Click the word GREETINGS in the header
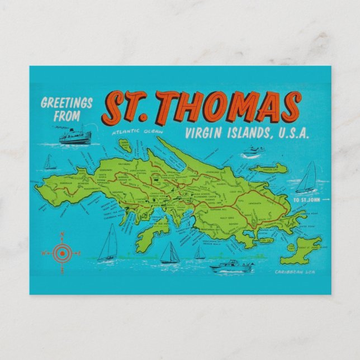[67, 103]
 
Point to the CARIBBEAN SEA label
[292, 272]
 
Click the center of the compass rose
[63, 253]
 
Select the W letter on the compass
[43, 253]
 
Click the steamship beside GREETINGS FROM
[75, 136]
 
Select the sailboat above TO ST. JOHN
[307, 178]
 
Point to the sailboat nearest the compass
[108, 244]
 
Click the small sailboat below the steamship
[50, 162]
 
